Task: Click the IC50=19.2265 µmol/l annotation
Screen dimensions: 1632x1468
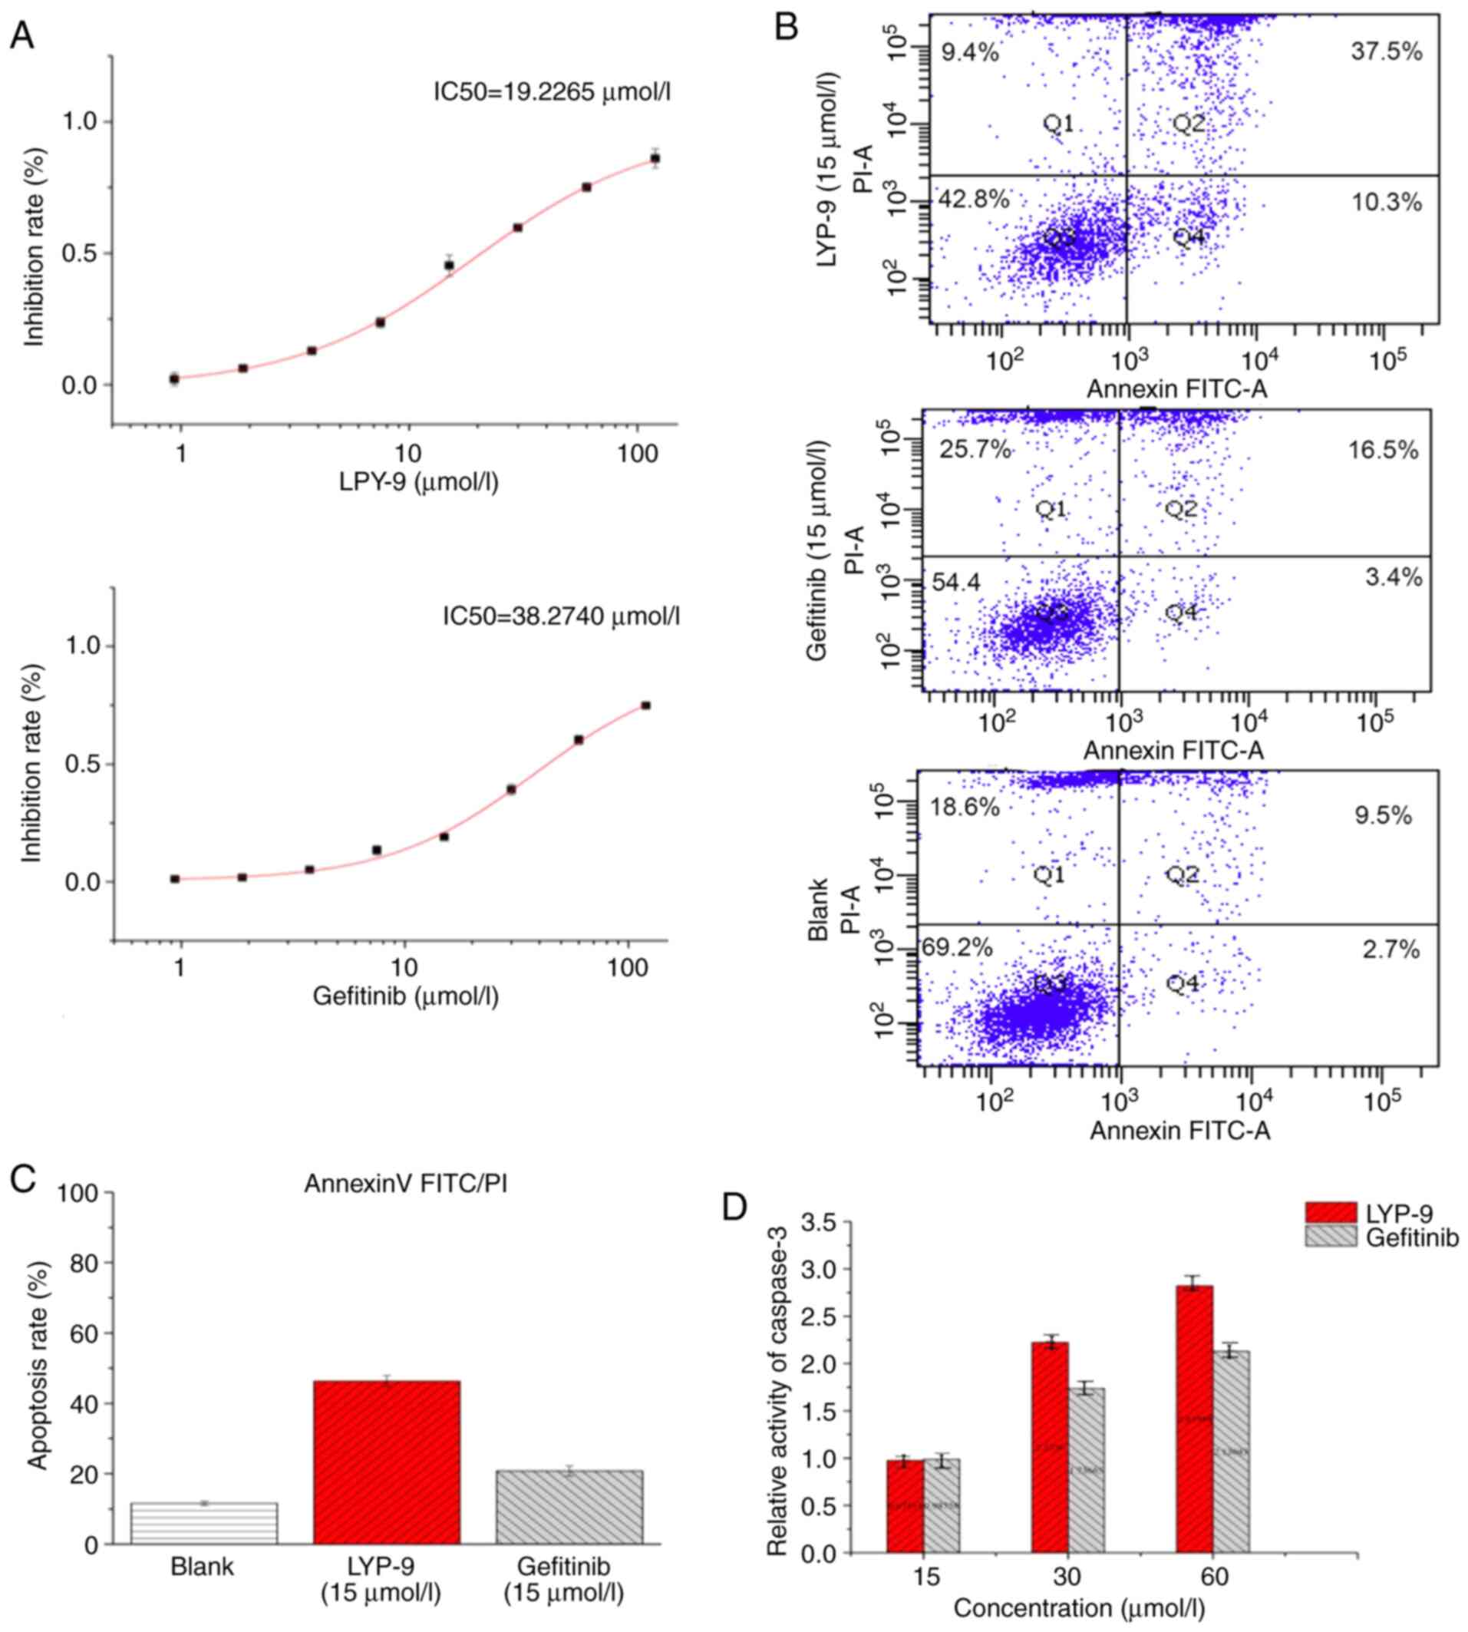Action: [552, 92]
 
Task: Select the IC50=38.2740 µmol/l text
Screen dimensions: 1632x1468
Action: [561, 616]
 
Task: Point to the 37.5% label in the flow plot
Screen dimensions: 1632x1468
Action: [1387, 51]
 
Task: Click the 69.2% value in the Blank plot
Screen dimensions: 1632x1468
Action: [958, 948]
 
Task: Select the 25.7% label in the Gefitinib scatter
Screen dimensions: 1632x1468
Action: [975, 449]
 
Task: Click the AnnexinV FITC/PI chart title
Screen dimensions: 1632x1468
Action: [406, 1184]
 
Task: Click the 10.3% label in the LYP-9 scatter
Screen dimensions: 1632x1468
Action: [1387, 203]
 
